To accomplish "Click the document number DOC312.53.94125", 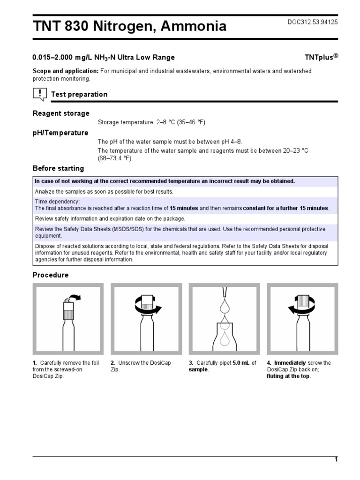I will [x=312, y=22].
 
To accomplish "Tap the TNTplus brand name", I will [x=321, y=57].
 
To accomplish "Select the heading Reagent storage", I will [x=61, y=113].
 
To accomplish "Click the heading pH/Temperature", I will [x=60, y=133].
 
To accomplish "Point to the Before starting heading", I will [x=58, y=168].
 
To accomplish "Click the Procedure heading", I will [x=50, y=275].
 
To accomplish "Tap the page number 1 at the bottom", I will [x=336, y=459].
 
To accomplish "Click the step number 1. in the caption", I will [x=35, y=363].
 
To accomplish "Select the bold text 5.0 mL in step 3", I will [x=241, y=363].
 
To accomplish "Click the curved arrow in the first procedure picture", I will [x=74, y=297].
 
